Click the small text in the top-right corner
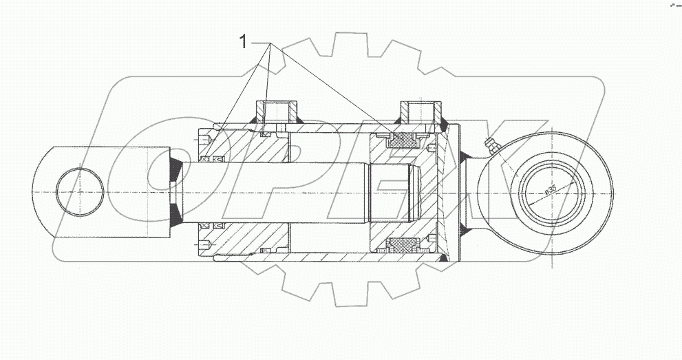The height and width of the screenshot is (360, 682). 670,6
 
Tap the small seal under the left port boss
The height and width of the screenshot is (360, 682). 264,135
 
